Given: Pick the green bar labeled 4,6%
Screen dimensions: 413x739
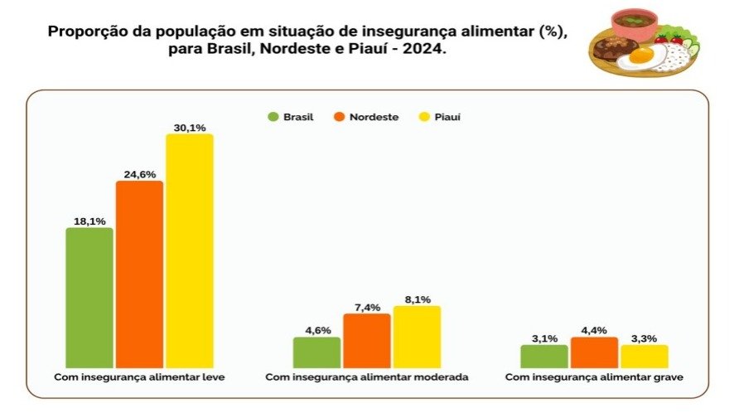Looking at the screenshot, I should coord(316,352).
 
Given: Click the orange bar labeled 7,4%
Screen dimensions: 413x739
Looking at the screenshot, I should coord(366,340).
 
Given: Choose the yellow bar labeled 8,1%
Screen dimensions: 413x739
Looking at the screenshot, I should coord(417,337).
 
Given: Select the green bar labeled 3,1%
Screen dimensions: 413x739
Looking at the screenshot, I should coord(544,356).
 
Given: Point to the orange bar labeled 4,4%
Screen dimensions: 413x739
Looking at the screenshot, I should coord(594,352).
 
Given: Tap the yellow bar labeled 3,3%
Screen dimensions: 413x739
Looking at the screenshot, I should coord(644,356).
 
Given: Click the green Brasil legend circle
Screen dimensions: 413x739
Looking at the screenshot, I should coord(273,117).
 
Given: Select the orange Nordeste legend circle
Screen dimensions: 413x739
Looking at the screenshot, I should coord(339,117).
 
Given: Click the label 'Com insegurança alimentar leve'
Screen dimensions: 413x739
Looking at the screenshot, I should coord(139,377).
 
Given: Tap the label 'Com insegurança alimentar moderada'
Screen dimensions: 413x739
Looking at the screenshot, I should coord(367,377).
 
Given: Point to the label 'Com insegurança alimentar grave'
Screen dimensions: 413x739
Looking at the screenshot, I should coord(594,377).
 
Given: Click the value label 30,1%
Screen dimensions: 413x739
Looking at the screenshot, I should coord(189,127).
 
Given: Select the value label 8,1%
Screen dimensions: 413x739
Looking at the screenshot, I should coord(417,299).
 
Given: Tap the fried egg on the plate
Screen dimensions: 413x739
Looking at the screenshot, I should coord(643,56).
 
